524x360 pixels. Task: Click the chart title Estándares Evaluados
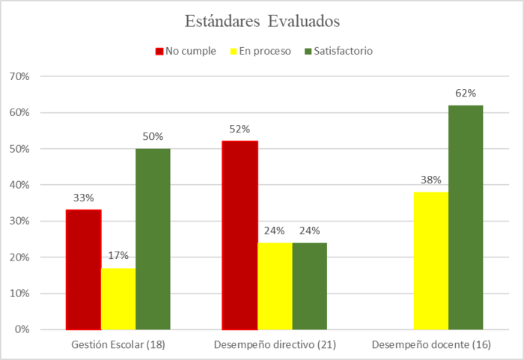pos(262,20)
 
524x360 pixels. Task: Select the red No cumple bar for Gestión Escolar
pos(83,269)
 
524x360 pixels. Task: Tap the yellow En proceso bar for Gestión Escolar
pos(118,299)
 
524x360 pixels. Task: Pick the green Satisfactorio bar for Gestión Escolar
pos(153,239)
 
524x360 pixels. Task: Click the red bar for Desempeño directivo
pos(240,235)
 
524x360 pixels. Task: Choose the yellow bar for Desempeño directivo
pos(275,286)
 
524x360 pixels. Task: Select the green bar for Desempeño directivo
pos(310,286)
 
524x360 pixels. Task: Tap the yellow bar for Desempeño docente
pos(431,260)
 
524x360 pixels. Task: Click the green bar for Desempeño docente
pos(466,217)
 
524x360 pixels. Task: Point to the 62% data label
pos(466,94)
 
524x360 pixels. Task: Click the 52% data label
pos(240,129)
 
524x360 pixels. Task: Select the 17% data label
pos(118,255)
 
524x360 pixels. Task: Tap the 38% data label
pos(431,180)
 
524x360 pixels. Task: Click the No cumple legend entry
pos(186,51)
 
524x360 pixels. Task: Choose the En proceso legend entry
pos(260,51)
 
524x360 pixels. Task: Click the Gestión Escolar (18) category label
pos(118,345)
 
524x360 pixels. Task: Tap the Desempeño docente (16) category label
pos(431,345)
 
